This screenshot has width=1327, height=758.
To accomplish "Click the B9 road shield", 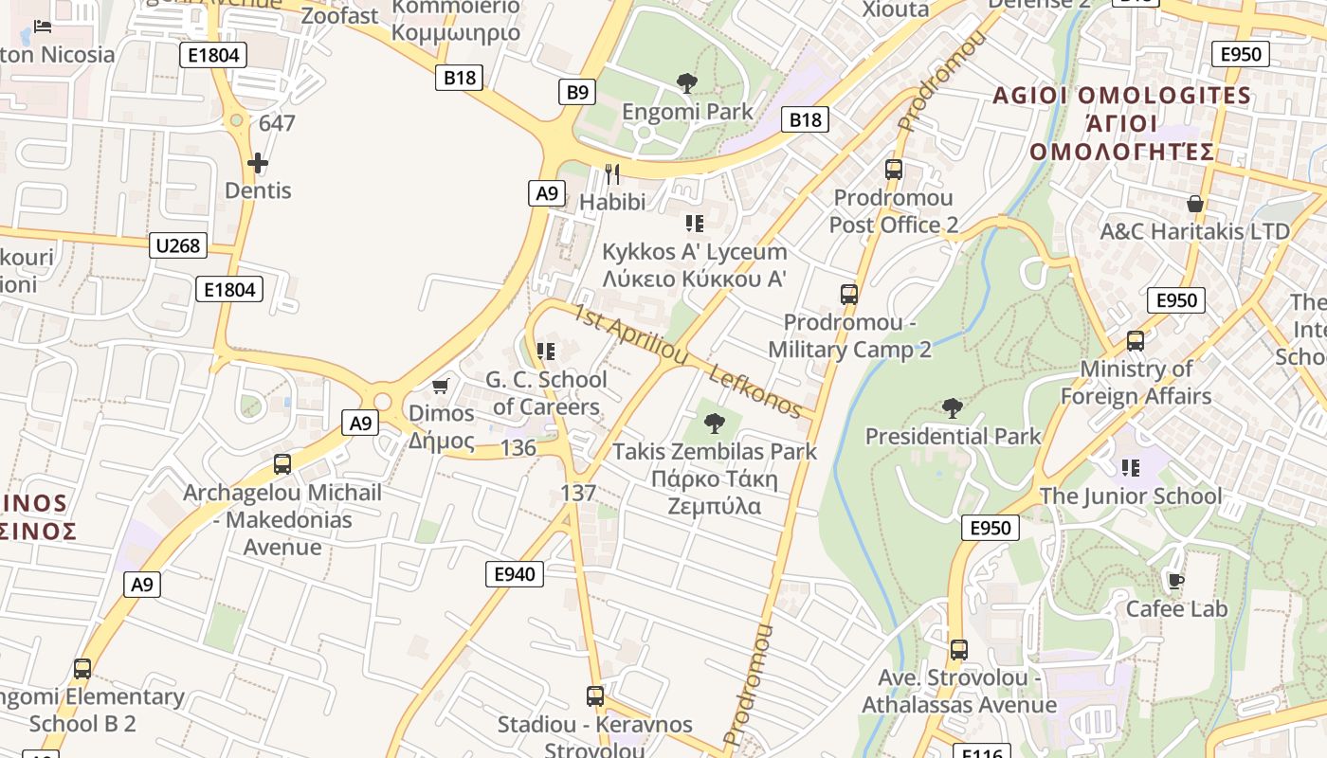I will [577, 92].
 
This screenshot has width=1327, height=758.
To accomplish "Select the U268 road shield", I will [177, 246].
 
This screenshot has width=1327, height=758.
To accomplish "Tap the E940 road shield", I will [515, 573].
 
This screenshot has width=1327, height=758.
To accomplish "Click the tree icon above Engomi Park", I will [687, 83].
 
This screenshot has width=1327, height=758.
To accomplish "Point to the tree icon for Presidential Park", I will [953, 408].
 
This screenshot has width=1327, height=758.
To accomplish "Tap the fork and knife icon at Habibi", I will [612, 174].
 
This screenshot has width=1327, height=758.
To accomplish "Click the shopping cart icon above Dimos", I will [440, 386].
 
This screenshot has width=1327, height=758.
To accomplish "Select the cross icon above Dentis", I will [257, 163].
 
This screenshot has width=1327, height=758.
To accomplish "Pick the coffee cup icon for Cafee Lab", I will [1175, 581].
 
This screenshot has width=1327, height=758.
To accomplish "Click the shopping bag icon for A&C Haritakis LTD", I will [1195, 204].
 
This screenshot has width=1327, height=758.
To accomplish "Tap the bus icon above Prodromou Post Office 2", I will [893, 170].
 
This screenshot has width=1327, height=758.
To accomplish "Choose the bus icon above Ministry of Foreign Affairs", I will [1135, 341].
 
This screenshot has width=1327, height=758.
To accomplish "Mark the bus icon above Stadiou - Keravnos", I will [594, 696].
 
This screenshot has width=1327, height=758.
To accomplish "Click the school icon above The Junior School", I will [1130, 467].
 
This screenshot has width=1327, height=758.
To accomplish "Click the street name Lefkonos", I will [754, 390].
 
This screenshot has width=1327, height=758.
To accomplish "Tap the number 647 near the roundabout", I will [277, 123].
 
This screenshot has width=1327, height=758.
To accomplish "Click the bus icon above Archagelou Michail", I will [282, 464].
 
